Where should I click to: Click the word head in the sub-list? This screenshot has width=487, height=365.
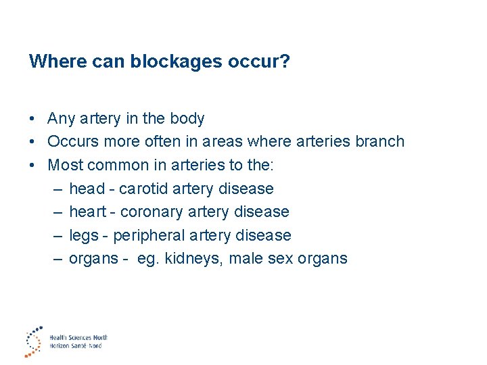pyautogui.click(x=87, y=189)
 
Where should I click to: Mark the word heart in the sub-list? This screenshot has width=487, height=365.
pyautogui.click(x=88, y=212)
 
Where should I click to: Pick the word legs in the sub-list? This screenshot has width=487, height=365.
pyautogui.click(x=84, y=235)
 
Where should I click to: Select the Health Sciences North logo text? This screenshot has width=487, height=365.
pyautogui.click(x=78, y=337)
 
